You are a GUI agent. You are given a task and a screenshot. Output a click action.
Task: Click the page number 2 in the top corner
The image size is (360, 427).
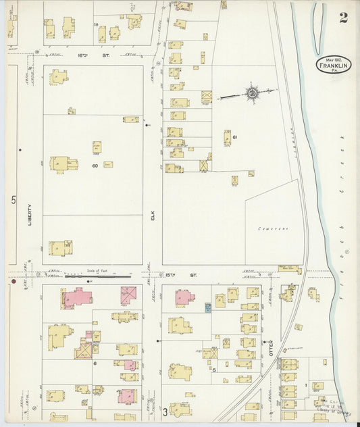coord(343,18)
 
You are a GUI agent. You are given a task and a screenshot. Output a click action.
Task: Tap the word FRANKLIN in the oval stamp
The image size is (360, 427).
coord(333,66)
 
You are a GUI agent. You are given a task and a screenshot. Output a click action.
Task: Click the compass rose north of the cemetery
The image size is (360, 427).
coord(252,93)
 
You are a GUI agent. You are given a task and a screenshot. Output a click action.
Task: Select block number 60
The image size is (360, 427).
coord(95,166)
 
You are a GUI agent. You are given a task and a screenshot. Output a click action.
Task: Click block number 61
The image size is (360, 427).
coord(234,137)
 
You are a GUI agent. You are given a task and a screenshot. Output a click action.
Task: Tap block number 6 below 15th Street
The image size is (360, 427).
coord(95,363)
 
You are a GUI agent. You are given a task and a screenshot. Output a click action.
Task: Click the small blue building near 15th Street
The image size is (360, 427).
coord(208,307)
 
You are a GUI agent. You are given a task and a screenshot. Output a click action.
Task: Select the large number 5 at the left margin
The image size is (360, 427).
coord(14,201)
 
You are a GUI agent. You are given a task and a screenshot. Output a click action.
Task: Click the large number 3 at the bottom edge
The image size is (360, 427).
coord(164,411)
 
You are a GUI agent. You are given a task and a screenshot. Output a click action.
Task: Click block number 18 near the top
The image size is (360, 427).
coord(96,24)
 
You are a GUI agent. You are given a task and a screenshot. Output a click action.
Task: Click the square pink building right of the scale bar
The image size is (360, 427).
coord(128,295)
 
